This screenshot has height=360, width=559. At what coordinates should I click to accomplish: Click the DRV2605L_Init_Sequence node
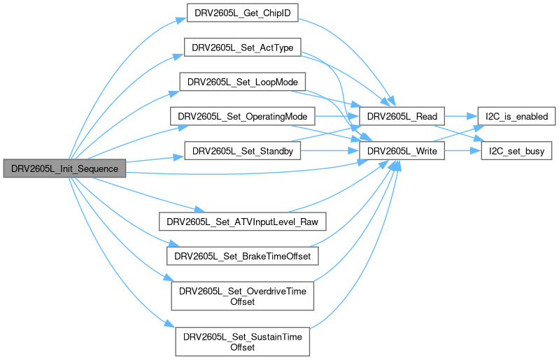click(x=64, y=168)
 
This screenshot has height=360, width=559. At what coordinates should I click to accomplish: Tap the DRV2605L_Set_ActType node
click(x=242, y=48)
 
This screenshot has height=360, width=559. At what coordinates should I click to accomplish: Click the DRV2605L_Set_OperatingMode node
click(x=242, y=115)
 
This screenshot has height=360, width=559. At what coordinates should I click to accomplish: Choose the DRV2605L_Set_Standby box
click(x=242, y=150)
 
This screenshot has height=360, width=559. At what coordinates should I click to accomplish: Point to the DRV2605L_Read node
click(x=402, y=115)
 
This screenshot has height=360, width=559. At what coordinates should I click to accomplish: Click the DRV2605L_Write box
click(x=402, y=150)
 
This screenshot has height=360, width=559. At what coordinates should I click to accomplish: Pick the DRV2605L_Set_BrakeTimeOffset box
click(x=243, y=256)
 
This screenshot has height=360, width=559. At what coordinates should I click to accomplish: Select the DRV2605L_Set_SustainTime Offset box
click(x=243, y=340)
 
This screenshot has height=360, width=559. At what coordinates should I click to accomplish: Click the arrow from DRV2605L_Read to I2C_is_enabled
click(x=460, y=115)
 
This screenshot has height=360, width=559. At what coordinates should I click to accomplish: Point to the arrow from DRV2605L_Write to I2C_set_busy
click(x=462, y=150)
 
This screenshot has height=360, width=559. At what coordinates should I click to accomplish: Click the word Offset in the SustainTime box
click(x=243, y=347)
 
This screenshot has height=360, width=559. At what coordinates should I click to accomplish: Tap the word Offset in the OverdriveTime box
click(x=243, y=302)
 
